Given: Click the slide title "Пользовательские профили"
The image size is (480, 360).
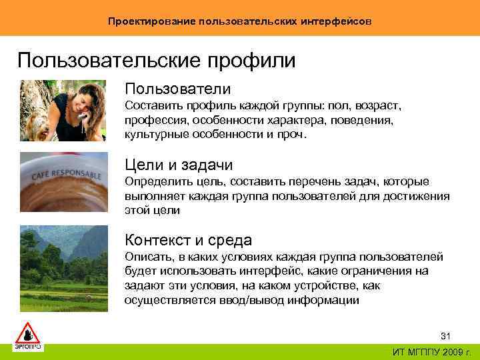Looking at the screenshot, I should (157, 61).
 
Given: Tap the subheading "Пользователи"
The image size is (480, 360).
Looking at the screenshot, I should (177, 89).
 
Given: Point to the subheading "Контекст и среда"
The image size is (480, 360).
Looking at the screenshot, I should (188, 240).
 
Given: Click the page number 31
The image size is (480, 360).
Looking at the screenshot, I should (447, 335).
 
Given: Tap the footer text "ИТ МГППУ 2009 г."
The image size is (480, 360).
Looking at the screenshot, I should (432, 351).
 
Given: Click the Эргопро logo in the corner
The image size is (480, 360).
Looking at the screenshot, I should (28, 337).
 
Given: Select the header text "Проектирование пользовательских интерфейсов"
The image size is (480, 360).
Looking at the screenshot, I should (240, 21).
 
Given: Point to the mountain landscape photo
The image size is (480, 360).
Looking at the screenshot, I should (63, 263).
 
